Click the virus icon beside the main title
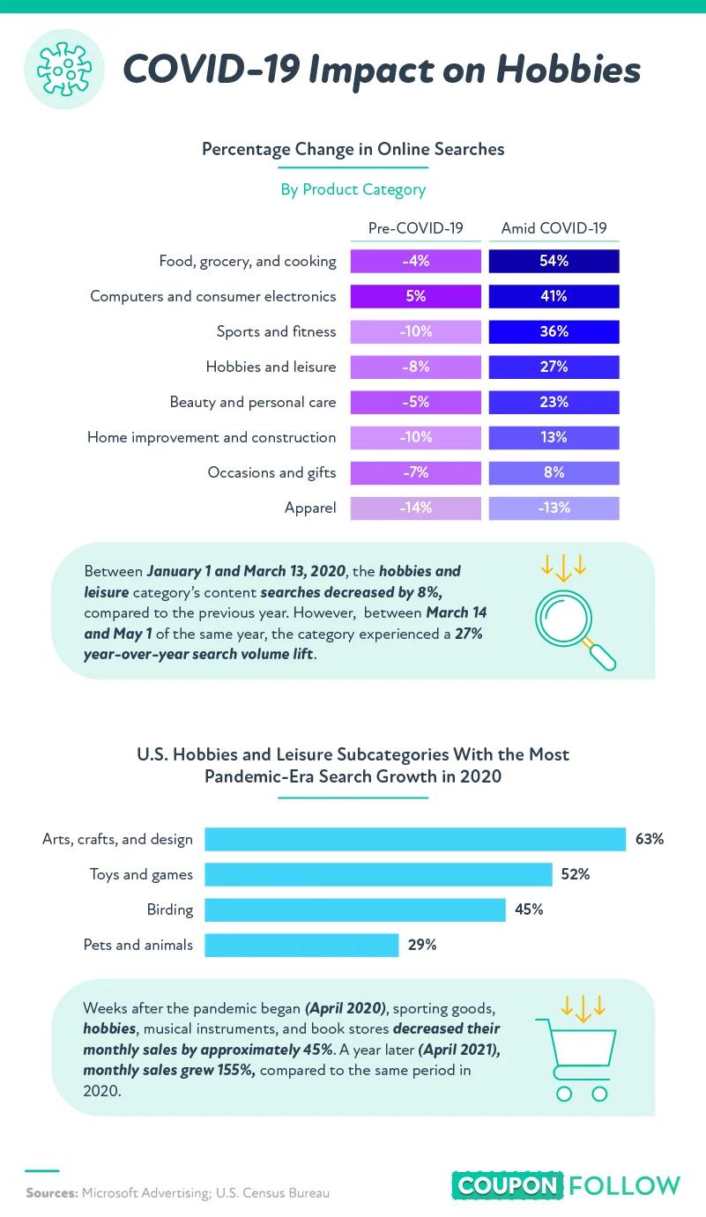(64, 69)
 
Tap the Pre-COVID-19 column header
(416, 228)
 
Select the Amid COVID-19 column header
(554, 228)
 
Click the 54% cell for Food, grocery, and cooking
(554, 262)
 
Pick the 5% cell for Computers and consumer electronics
(416, 297)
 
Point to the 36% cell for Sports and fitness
(554, 332)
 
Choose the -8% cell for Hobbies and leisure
(416, 367)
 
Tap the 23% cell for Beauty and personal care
(554, 403)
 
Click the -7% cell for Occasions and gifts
(416, 472)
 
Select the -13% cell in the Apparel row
(554, 508)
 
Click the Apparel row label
(310, 508)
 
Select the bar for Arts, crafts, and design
(415, 839)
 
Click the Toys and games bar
(378, 874)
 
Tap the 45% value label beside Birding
(529, 909)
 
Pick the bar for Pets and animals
(301, 945)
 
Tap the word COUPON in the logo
(507, 1186)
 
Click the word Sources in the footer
(52, 1193)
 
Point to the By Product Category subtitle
(353, 189)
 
